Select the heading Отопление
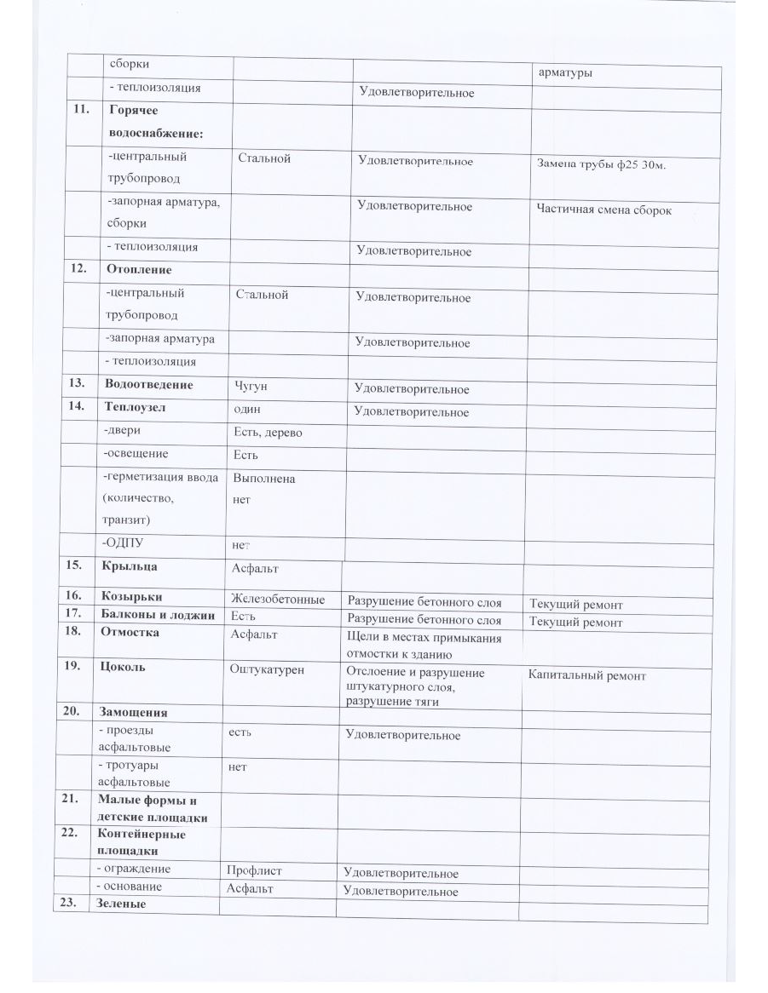(x=138, y=270)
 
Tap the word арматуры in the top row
(x=565, y=73)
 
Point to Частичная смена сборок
(x=603, y=210)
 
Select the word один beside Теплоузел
(x=248, y=409)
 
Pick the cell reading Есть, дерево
(x=268, y=433)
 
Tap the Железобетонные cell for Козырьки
(x=277, y=600)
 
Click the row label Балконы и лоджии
(x=158, y=616)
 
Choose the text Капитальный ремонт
(x=586, y=676)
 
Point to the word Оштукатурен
(x=266, y=669)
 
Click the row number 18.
(x=72, y=633)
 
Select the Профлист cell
(x=254, y=871)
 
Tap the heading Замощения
(x=133, y=712)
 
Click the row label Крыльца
(x=129, y=565)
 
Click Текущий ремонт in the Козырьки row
(x=575, y=605)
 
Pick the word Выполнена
(x=264, y=479)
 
